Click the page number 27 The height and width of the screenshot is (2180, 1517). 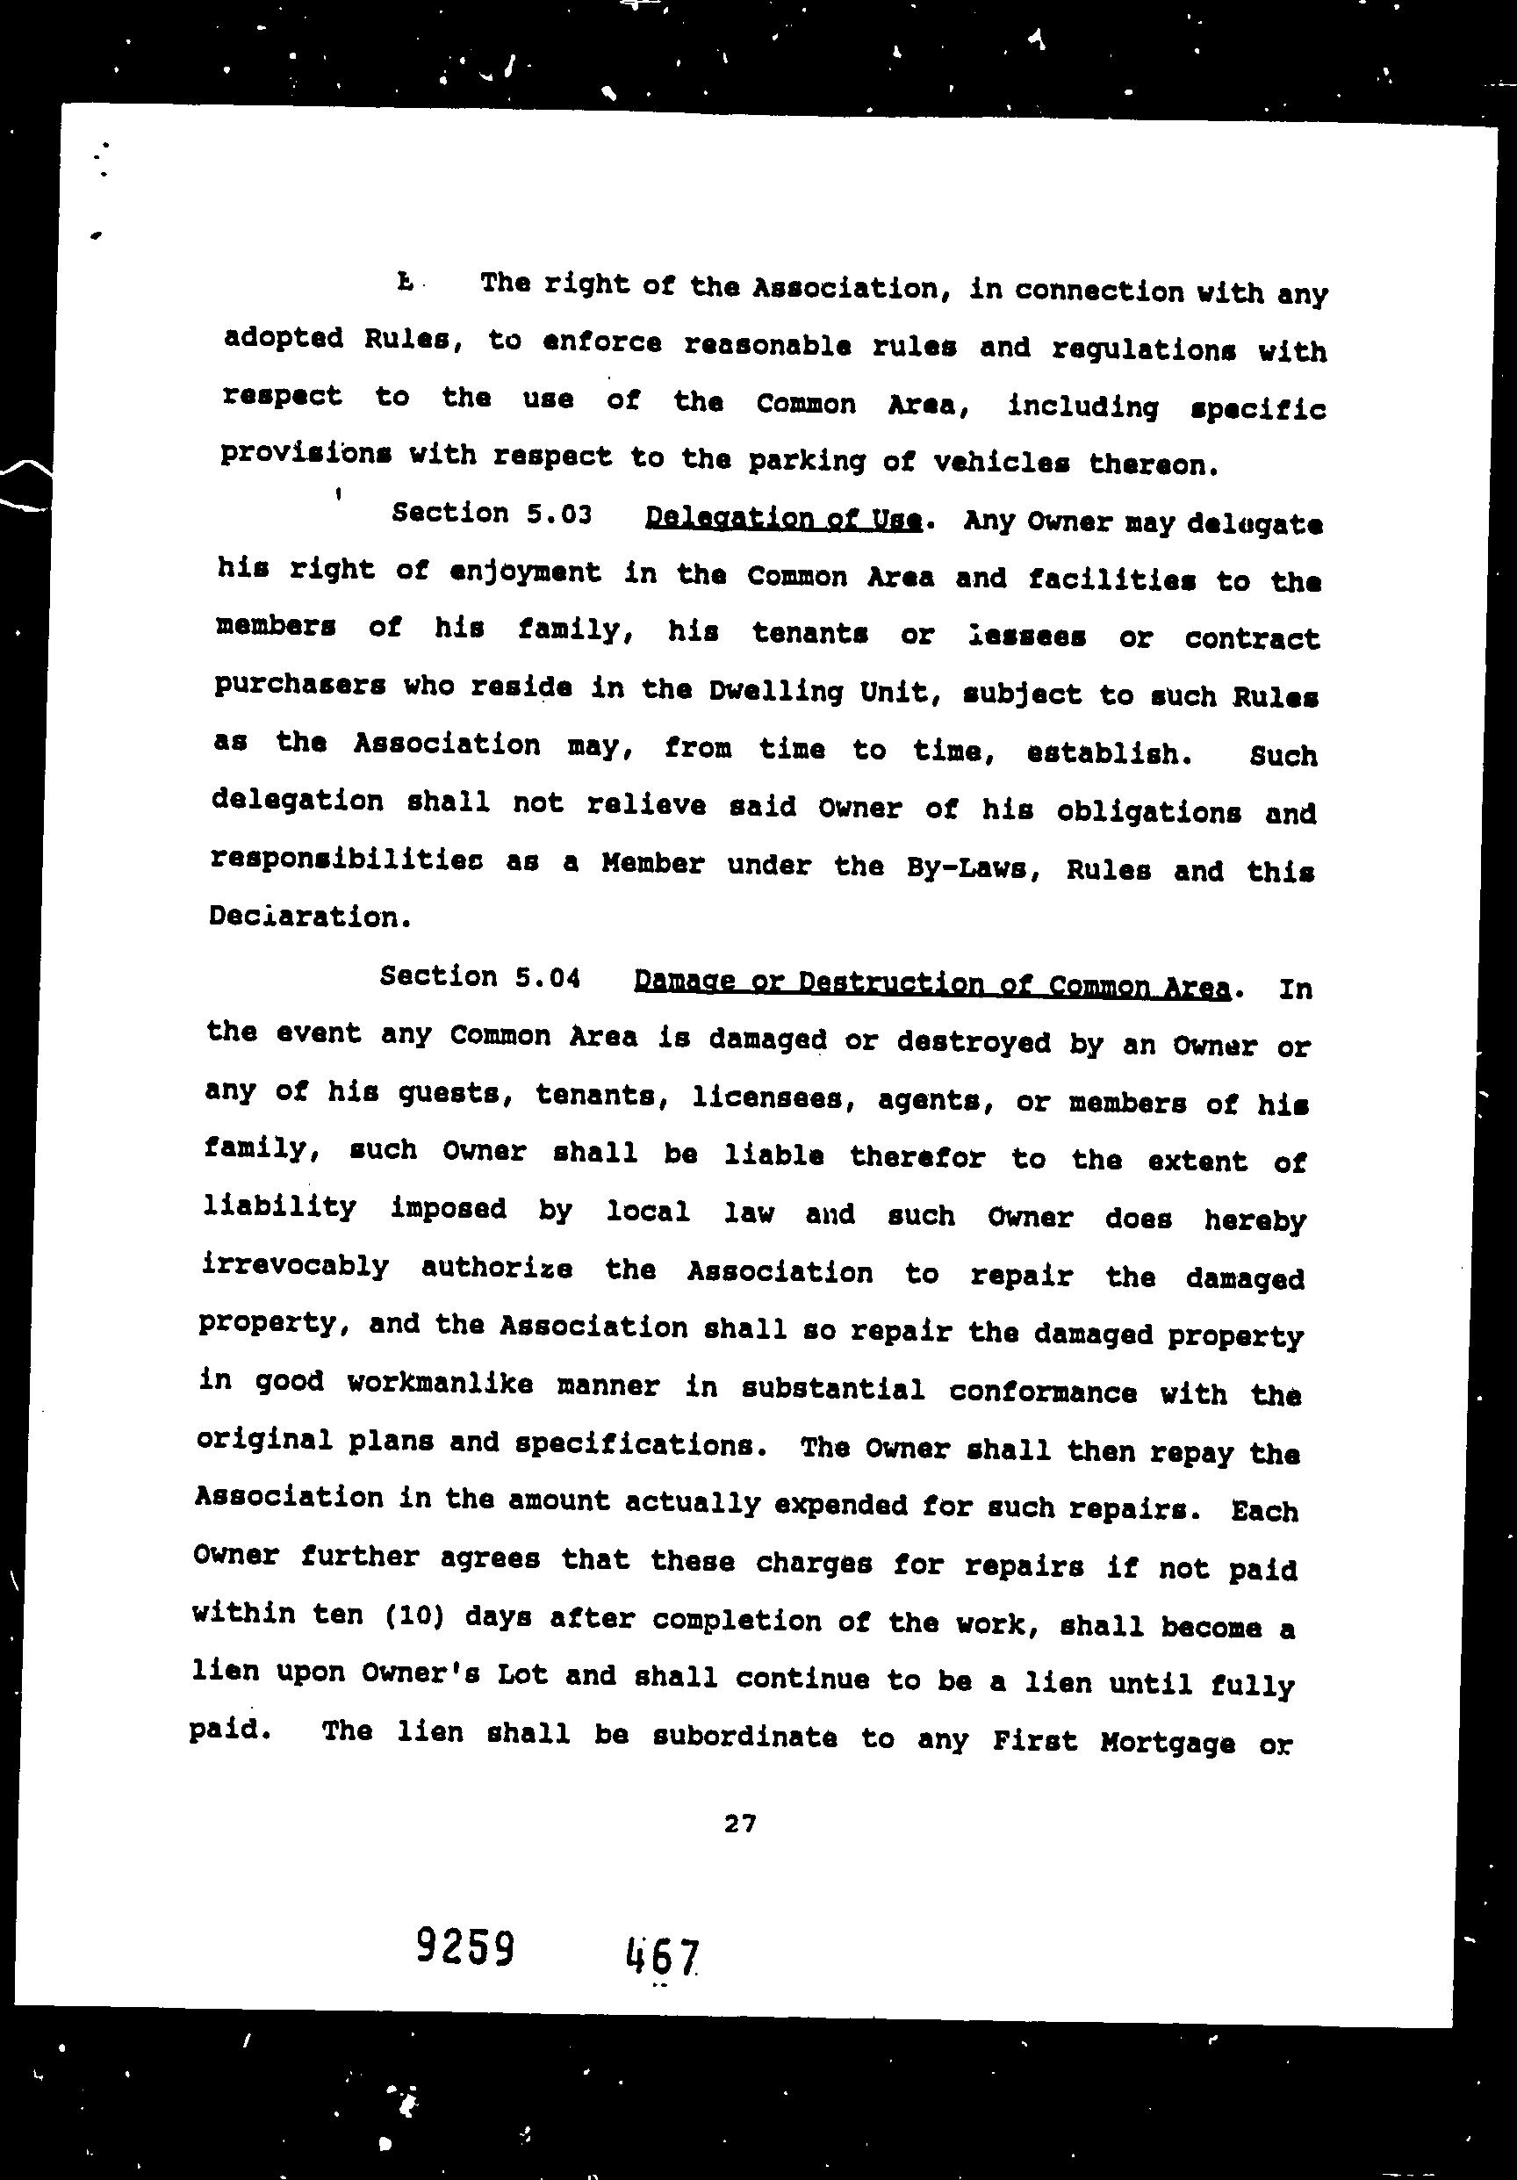(x=739, y=1823)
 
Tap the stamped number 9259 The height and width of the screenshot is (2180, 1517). (x=465, y=1948)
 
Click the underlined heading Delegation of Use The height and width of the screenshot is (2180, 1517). (x=783, y=518)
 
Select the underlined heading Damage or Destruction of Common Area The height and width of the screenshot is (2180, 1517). (x=932, y=983)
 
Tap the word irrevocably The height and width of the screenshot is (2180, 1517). (x=295, y=1267)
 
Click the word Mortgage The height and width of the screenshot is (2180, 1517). (x=1167, y=1742)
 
